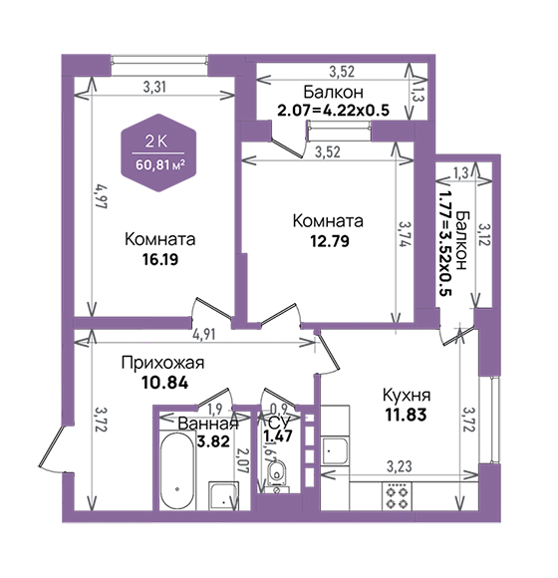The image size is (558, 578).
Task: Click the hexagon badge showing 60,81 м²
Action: (x=158, y=153)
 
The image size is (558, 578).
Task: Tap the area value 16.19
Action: (x=160, y=259)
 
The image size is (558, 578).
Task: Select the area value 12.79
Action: (x=330, y=241)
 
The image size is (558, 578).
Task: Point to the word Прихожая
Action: (x=162, y=363)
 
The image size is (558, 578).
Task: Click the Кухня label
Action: (x=407, y=396)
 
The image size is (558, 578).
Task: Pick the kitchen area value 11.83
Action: (x=407, y=415)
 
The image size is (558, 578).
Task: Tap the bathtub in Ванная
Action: (x=177, y=470)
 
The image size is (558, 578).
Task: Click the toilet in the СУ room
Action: (x=277, y=474)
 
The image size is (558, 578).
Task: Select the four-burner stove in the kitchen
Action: (x=398, y=496)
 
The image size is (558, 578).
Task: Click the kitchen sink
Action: (x=335, y=450)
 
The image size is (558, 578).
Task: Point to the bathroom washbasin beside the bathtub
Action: (x=223, y=496)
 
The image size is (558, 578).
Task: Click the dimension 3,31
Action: (x=154, y=87)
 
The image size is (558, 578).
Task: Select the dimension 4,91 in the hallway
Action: (x=204, y=334)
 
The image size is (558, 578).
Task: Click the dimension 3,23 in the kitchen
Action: (x=400, y=466)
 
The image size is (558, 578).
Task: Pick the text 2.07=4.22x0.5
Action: (x=333, y=111)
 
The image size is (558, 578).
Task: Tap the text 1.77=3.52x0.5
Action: (x=444, y=243)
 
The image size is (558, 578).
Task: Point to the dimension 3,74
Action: (x=406, y=234)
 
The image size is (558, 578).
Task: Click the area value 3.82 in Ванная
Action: (x=213, y=441)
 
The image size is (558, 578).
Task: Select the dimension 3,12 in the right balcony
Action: (x=484, y=234)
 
